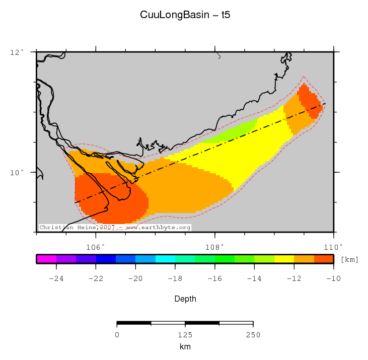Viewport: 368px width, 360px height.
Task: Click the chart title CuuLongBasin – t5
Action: [185, 16]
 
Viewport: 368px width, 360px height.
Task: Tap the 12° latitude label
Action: [18, 52]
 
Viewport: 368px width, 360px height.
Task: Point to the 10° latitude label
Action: [18, 172]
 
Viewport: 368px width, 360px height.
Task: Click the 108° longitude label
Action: [215, 247]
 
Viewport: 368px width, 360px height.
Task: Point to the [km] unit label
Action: [349, 260]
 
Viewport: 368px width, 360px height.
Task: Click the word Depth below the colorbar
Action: [185, 299]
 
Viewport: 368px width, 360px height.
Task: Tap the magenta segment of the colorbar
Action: [46, 259]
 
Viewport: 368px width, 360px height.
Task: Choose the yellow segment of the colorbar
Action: [284, 259]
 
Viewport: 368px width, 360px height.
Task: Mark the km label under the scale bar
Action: [185, 347]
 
